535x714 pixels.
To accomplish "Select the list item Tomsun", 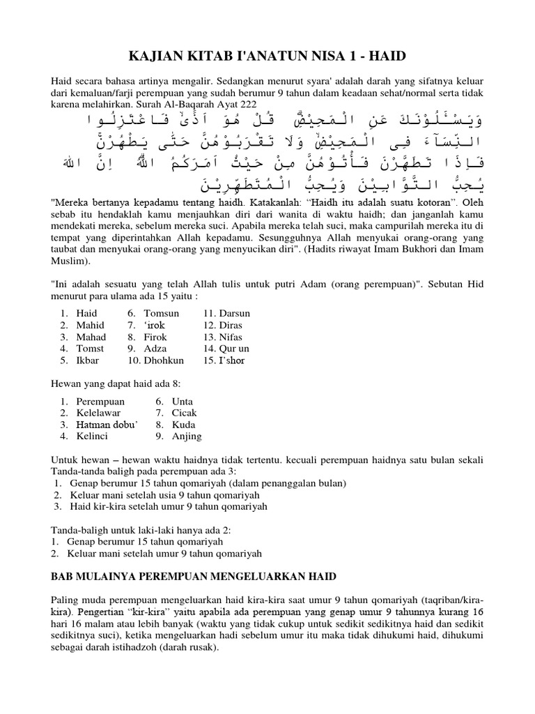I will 162,313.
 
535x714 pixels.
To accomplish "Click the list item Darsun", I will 233,313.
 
